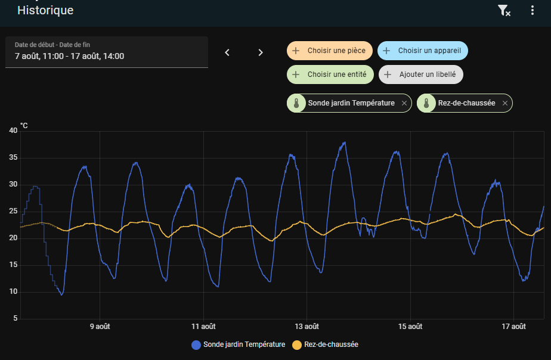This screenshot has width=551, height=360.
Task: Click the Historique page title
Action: (x=45, y=10)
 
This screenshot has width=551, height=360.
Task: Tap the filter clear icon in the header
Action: (x=504, y=11)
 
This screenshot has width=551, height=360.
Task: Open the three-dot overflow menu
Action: (x=533, y=10)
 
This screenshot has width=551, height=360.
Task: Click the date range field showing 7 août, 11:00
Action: (x=107, y=52)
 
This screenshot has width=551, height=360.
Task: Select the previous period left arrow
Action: (x=227, y=52)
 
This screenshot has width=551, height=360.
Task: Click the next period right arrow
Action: (x=261, y=52)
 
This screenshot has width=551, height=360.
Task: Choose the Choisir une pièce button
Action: (x=330, y=51)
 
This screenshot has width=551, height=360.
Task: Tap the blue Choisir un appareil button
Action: (x=423, y=51)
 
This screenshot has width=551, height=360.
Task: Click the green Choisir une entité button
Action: (x=330, y=75)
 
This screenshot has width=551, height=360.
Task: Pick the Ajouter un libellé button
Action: (x=421, y=75)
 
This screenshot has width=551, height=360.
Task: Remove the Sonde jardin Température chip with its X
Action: (x=404, y=103)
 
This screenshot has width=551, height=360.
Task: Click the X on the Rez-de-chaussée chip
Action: (x=505, y=103)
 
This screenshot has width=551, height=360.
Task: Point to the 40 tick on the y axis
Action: (x=13, y=131)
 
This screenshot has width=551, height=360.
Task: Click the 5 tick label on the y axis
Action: (x=15, y=318)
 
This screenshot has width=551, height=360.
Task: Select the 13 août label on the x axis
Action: (x=307, y=327)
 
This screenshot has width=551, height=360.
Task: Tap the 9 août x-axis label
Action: (x=100, y=327)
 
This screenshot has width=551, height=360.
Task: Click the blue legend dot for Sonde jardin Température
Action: (x=196, y=345)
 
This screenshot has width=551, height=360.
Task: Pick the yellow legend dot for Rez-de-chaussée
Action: (x=297, y=345)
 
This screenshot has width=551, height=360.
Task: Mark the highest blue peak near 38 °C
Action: (x=345, y=142)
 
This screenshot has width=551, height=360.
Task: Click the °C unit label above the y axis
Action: (x=24, y=125)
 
